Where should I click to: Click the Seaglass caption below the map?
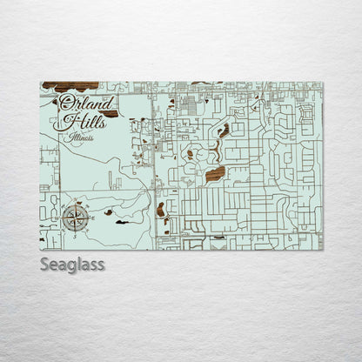click(x=71, y=264)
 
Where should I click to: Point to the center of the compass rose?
click(x=73, y=215)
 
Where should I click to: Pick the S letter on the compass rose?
click(x=73, y=231)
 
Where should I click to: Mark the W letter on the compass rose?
click(x=60, y=216)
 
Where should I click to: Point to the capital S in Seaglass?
click(x=45, y=263)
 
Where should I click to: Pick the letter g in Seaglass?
click(x=72, y=265)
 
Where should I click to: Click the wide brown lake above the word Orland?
click(x=70, y=86)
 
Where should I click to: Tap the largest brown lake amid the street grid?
click(x=214, y=172)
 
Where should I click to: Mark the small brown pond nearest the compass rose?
click(x=109, y=211)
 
